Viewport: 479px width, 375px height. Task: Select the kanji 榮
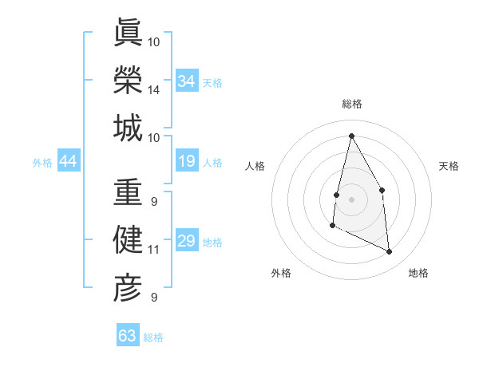click(128, 80)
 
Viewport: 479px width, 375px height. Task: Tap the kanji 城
click(128, 128)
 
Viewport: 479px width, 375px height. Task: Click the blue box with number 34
click(187, 81)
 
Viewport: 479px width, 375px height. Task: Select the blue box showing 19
click(187, 162)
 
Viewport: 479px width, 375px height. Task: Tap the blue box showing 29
click(187, 242)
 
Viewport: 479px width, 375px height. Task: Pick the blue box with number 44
click(68, 162)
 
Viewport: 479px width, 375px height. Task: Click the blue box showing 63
click(128, 336)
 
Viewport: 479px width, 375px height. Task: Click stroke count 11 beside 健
click(154, 250)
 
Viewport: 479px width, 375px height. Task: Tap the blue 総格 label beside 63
click(153, 337)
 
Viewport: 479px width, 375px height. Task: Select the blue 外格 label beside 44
click(42, 163)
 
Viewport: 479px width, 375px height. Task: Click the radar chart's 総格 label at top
click(351, 104)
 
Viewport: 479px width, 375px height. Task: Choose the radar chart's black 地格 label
click(418, 273)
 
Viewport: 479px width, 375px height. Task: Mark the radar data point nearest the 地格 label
click(390, 252)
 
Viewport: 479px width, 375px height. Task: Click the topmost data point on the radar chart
click(351, 136)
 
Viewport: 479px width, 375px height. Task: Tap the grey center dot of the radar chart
click(351, 199)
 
